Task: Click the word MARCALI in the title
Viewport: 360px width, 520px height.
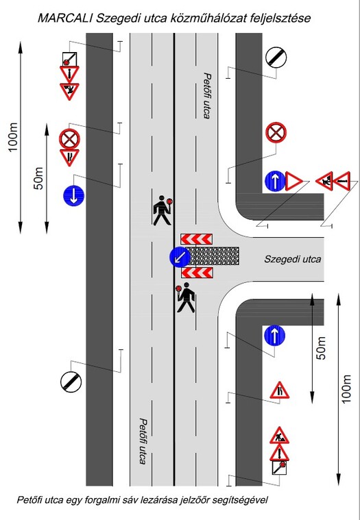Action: pos(65,18)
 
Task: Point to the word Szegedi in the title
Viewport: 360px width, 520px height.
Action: pos(115,18)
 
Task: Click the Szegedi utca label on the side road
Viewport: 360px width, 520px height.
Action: pos(292,259)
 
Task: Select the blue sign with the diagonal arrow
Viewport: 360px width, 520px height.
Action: pos(180,258)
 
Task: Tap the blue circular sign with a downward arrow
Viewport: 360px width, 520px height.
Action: pos(73,196)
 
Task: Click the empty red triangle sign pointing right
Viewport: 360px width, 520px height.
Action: pos(293,182)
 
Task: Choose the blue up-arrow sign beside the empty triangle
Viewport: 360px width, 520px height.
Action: pos(275,182)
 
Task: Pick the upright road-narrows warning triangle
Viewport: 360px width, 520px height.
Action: pos(279,391)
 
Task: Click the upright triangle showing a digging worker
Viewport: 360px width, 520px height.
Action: pos(279,436)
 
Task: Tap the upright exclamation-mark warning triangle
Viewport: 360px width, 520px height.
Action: pos(279,453)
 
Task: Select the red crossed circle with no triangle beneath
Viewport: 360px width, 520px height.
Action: pos(276,133)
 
